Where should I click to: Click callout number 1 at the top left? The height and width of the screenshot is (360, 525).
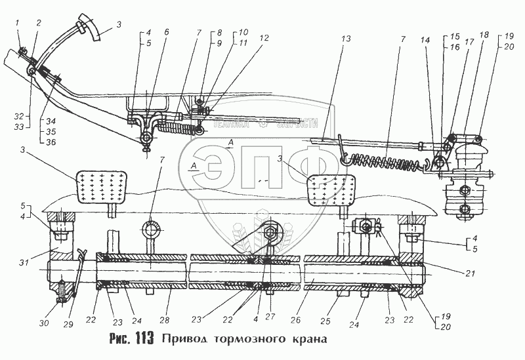tap(18, 24)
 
